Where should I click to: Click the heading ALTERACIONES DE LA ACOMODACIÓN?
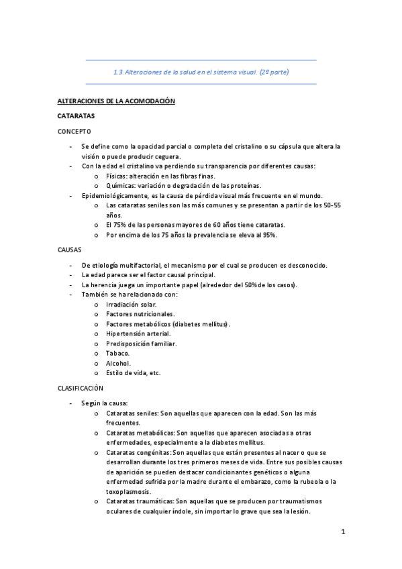pyautogui.click(x=115, y=101)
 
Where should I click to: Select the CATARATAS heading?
pyautogui.click(x=76, y=116)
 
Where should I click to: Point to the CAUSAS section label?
pyautogui.click(x=70, y=250)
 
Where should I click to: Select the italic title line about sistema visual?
pyautogui.click(x=201, y=72)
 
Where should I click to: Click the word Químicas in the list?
pyautogui.click(x=119, y=185)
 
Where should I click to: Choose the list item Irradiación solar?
pyautogui.click(x=132, y=304)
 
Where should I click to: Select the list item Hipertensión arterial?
pyautogui.click(x=138, y=333)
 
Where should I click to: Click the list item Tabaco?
pyautogui.click(x=117, y=353)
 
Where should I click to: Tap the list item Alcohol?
pyautogui.click(x=118, y=363)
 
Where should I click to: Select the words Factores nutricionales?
pyautogui.click(x=140, y=314)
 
